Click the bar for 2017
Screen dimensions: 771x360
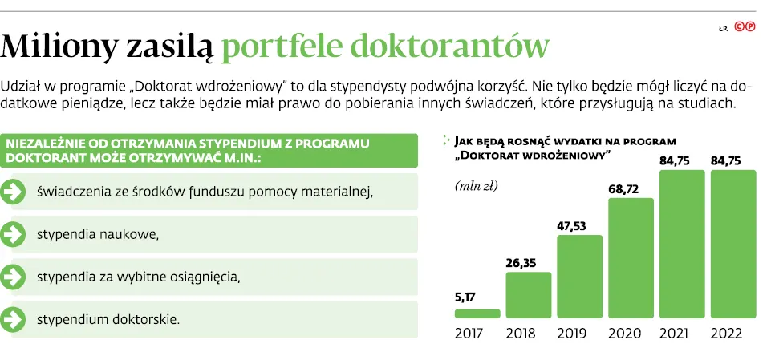click(x=477, y=313)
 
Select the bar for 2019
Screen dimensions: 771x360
click(x=579, y=277)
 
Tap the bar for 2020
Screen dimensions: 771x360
click(x=631, y=258)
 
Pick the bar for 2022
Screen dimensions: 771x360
click(x=733, y=244)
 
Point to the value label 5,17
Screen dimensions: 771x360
click(x=466, y=297)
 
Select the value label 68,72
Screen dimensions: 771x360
click(x=623, y=189)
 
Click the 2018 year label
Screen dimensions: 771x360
click(x=521, y=333)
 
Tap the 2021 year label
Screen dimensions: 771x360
click(x=674, y=333)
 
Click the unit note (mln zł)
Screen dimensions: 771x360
click(x=477, y=186)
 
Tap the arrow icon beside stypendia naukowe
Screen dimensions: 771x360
click(x=12, y=234)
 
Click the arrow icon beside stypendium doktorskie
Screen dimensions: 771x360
click(x=12, y=320)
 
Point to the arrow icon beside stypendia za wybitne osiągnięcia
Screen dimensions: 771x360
click(x=12, y=277)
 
